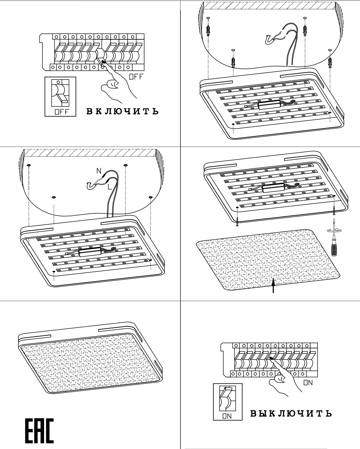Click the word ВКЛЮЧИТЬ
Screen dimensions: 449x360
pyautogui.click(x=122, y=111)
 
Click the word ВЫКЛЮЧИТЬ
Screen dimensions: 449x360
pyautogui.click(x=291, y=414)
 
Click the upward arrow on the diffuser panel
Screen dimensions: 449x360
pyautogui.click(x=274, y=286)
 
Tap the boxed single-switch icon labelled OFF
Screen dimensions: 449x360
pyautogui.click(x=61, y=97)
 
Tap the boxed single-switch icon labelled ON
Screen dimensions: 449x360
pyautogui.click(x=227, y=402)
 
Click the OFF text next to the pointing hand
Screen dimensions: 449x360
pyautogui.click(x=136, y=77)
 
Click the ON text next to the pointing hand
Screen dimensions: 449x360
pyautogui.click(x=308, y=383)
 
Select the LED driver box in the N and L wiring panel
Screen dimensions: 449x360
pyautogui.click(x=90, y=252)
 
